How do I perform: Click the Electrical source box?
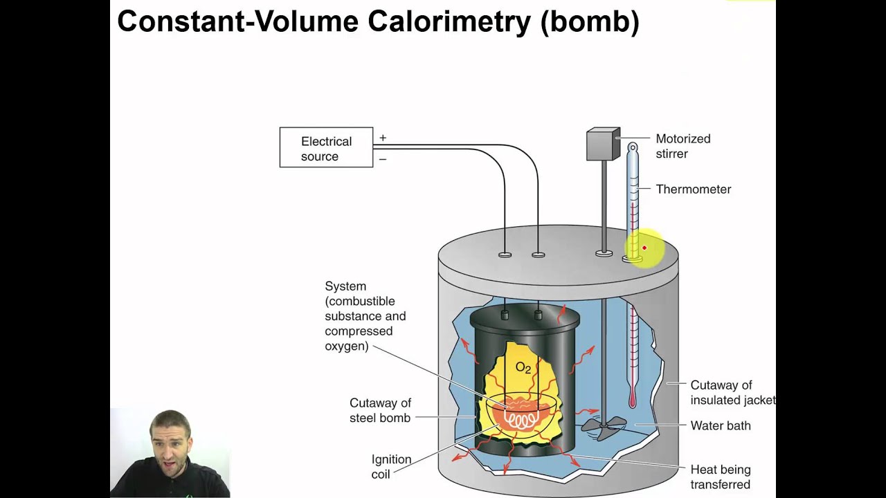point(326,148)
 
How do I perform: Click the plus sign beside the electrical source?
point(383,138)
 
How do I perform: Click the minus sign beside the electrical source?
point(383,159)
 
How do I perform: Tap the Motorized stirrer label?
point(682,146)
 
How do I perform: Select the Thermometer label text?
point(693,190)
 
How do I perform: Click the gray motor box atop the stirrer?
point(603,144)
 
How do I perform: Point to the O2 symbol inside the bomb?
point(523,367)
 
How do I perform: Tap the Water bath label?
point(720,426)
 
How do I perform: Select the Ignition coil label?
point(391,467)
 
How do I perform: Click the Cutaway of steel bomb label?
point(380,410)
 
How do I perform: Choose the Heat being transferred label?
point(720,477)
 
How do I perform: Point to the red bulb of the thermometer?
point(632,400)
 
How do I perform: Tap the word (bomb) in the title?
point(590,22)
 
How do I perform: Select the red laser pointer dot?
point(644,248)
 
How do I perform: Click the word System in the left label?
point(345,286)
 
